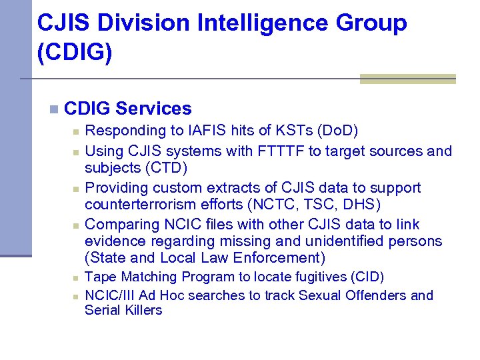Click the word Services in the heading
pos(153,109)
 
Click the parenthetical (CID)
pos(368,277)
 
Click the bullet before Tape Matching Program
pos(76,277)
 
